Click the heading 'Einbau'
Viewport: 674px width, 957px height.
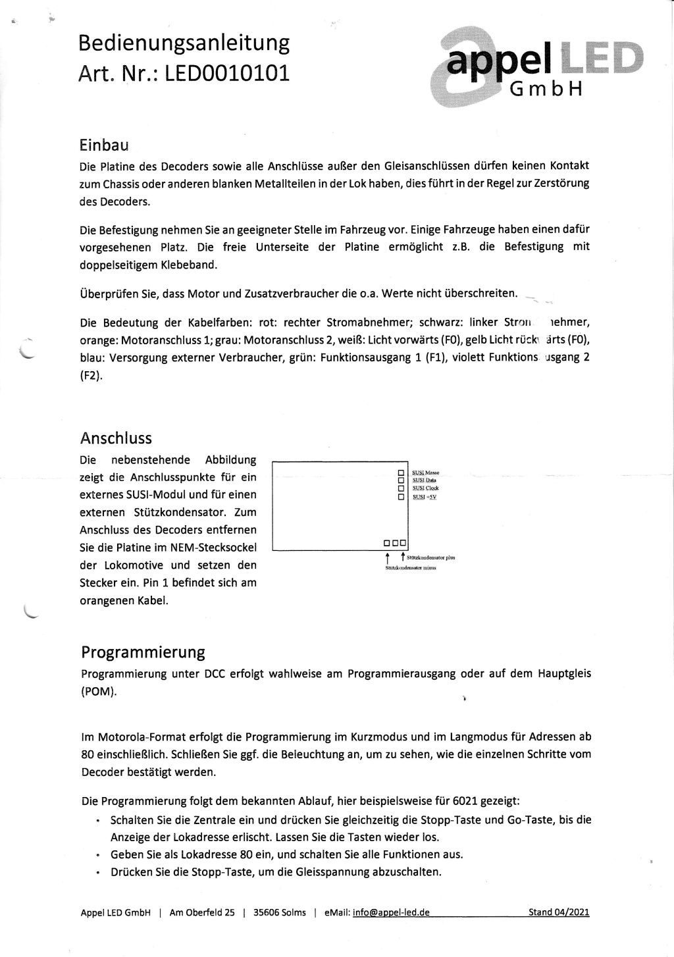tap(104, 144)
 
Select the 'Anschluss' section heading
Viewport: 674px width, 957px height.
tap(116, 438)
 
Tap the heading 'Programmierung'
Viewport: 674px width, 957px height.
tap(143, 652)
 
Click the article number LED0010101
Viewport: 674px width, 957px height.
tap(226, 72)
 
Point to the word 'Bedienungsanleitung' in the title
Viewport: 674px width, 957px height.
tap(184, 43)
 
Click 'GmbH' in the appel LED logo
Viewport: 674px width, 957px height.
tap(547, 90)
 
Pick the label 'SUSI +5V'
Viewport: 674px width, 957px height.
tap(425, 497)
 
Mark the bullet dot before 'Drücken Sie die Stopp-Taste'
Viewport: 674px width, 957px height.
tap(97, 873)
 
